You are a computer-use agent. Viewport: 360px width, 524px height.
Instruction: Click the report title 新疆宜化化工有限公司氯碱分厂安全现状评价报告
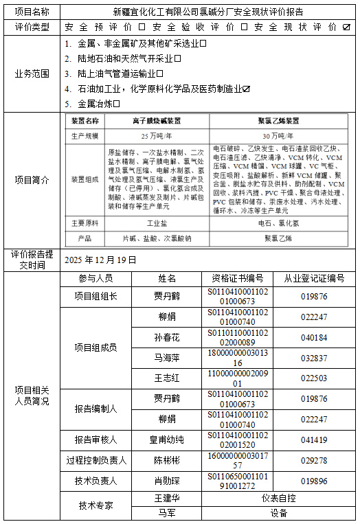(208, 12)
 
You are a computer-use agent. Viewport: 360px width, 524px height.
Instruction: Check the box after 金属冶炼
(117, 104)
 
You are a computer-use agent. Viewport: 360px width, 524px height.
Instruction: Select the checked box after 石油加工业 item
(246, 89)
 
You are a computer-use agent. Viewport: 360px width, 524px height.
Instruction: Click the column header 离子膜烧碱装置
(157, 121)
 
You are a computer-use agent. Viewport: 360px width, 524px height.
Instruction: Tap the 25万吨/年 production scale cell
(157, 136)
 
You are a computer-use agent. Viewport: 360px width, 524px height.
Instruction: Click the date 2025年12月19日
(100, 260)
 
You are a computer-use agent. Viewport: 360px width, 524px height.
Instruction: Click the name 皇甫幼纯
(166, 440)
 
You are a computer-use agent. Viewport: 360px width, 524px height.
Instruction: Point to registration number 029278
(314, 460)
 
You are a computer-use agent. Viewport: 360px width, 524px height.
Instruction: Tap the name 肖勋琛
(166, 481)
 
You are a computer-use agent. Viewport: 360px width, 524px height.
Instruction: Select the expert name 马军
(166, 512)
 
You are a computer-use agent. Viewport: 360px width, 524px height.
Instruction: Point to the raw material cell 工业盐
(157, 224)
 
